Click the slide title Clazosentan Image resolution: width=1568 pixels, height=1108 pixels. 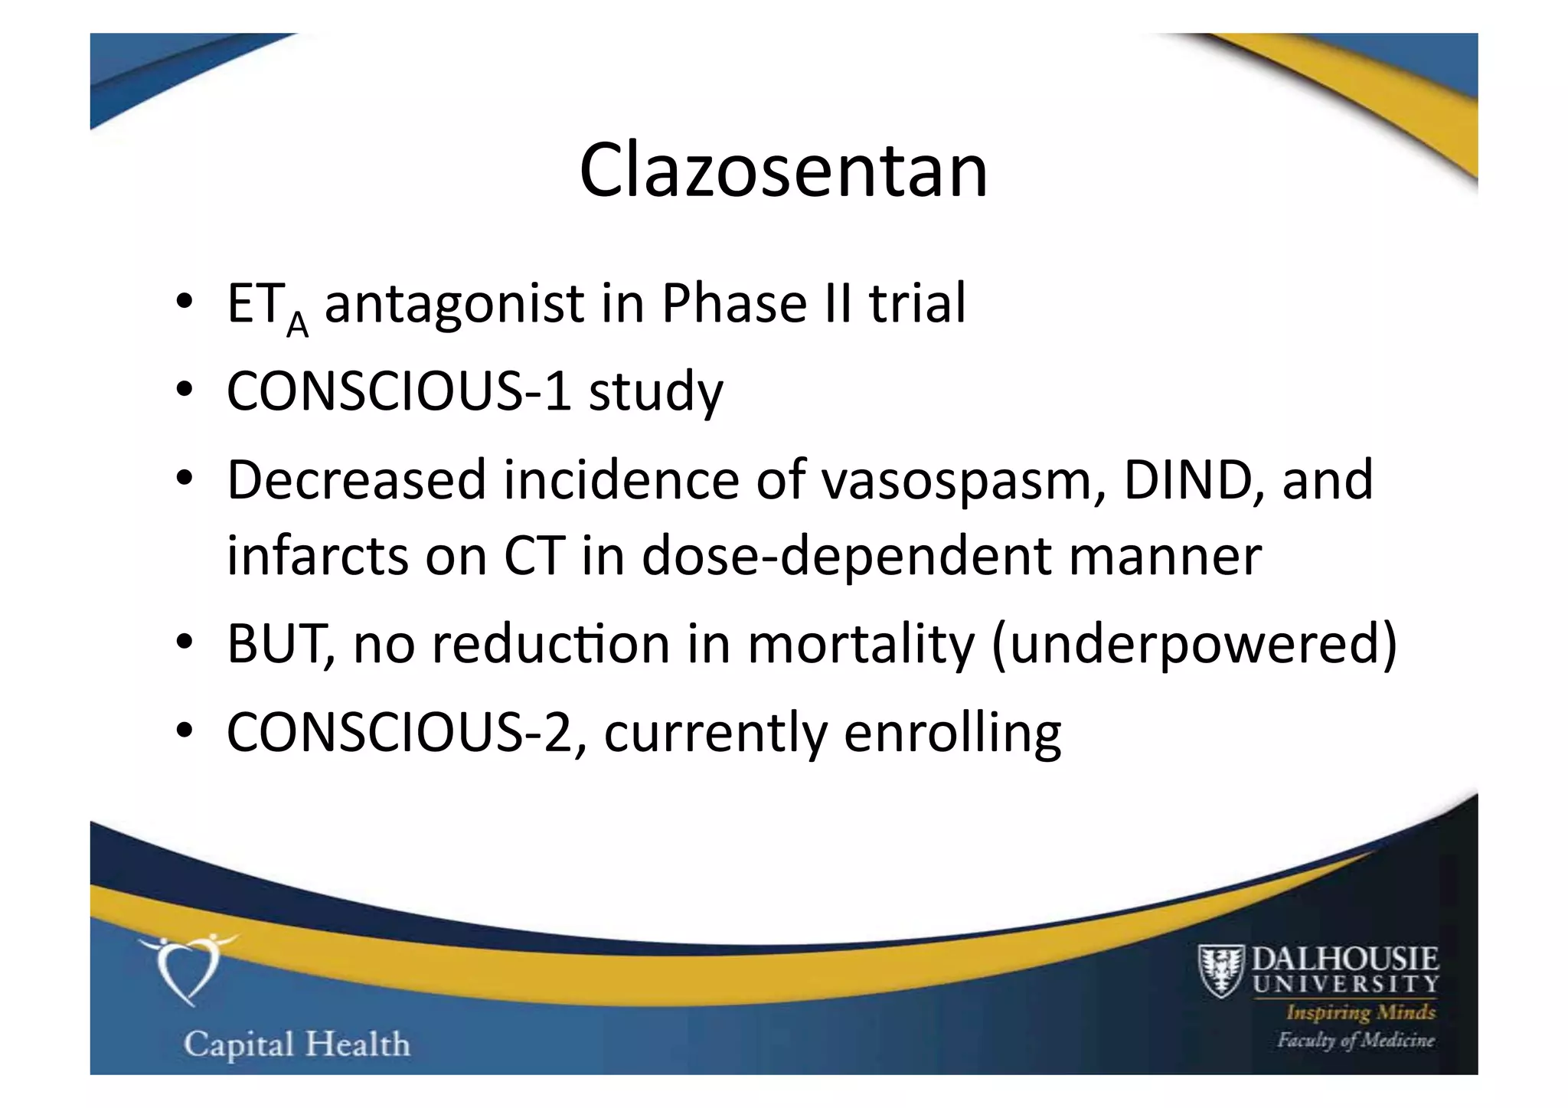coord(783,170)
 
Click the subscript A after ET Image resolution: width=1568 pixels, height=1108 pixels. coord(297,325)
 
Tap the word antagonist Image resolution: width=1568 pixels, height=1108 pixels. coord(454,305)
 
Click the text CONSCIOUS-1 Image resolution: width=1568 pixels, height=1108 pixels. coord(399,391)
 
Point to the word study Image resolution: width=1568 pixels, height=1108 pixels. coord(655,392)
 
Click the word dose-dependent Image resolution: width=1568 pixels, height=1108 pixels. coord(846,557)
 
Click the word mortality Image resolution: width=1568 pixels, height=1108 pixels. coord(861,645)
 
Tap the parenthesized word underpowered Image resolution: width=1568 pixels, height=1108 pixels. coord(1194,645)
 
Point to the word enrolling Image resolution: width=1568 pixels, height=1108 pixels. coord(952,734)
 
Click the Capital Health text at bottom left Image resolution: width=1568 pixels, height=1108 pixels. coord(296,1044)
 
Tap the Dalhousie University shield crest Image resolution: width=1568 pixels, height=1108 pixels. coord(1220,971)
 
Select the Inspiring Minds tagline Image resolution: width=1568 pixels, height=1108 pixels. coord(1361,1012)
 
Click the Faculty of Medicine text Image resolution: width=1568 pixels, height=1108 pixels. coord(1355,1040)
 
